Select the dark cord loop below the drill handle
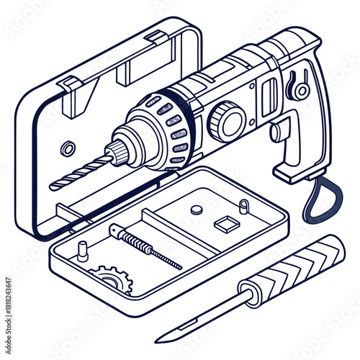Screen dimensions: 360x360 [318, 202]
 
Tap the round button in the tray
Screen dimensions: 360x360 [197, 210]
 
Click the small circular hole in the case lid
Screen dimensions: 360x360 [68, 149]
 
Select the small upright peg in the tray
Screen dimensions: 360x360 [84, 250]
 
